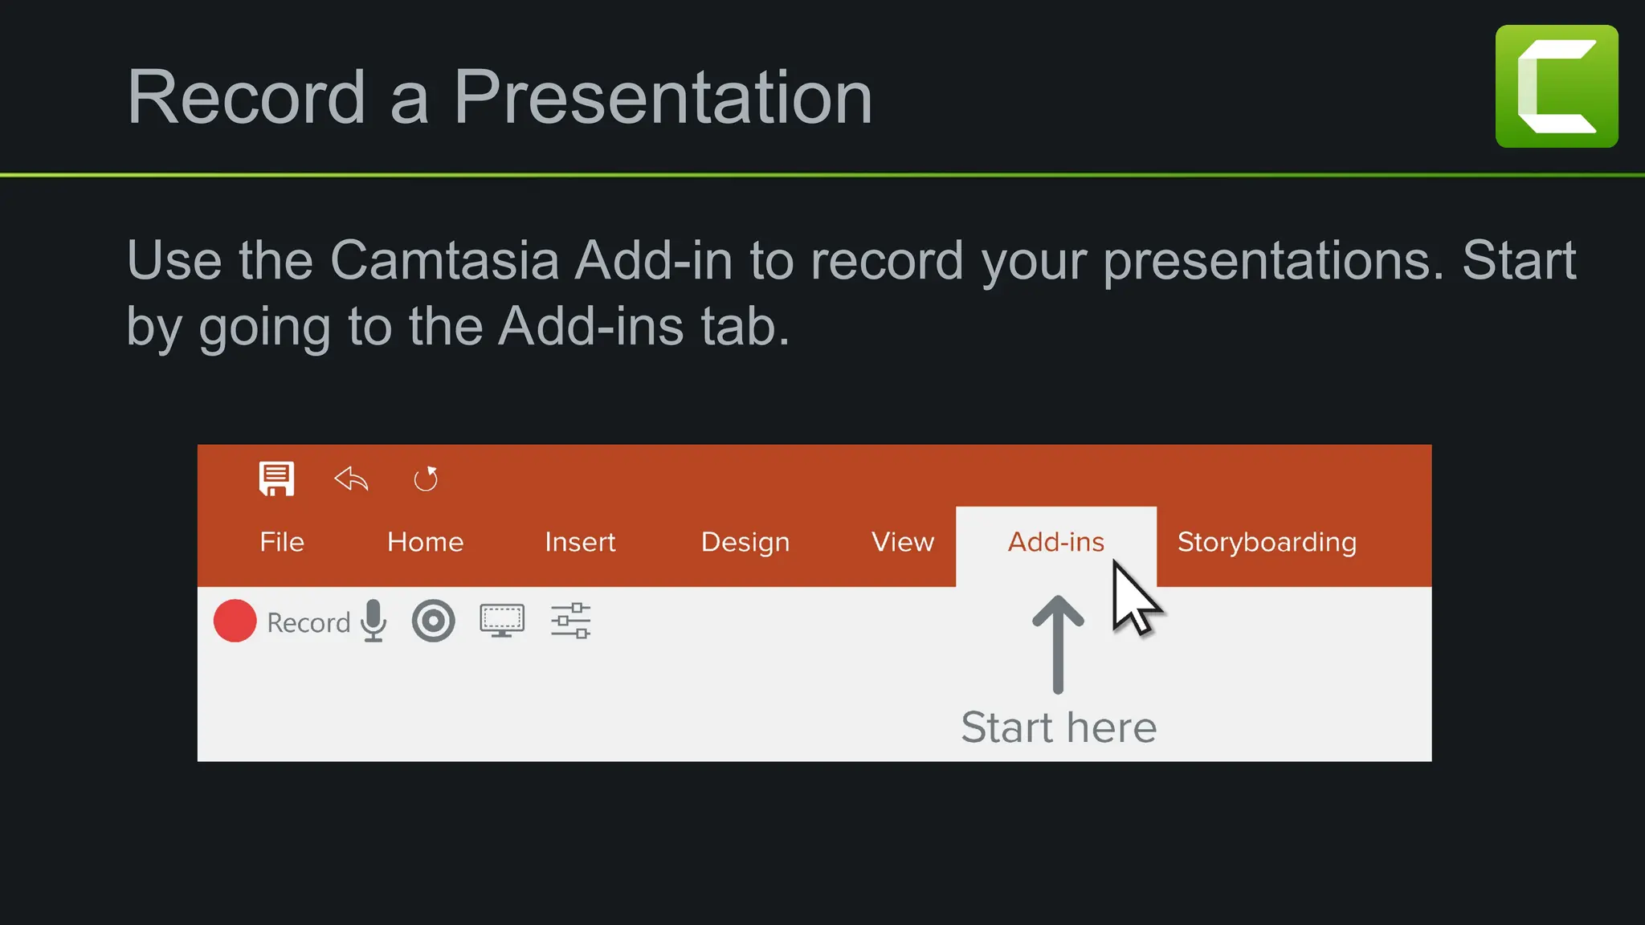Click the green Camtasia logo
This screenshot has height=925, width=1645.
click(1556, 86)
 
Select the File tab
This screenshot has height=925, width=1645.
click(282, 542)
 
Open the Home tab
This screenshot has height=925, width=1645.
click(425, 542)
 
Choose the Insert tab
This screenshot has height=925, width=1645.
click(580, 542)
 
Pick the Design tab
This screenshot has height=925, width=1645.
click(745, 542)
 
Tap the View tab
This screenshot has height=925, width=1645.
click(903, 542)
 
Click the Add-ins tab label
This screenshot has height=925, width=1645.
click(1055, 542)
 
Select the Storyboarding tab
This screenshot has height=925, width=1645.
click(1267, 542)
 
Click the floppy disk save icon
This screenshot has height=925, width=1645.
click(276, 479)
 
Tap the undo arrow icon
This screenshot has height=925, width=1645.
click(351, 479)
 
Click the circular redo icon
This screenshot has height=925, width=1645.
click(426, 479)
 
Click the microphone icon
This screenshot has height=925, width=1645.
click(373, 621)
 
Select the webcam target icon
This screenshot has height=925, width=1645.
click(433, 621)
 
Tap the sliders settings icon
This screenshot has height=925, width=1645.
click(570, 621)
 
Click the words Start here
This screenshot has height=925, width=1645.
click(1059, 727)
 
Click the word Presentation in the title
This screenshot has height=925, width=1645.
click(663, 97)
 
